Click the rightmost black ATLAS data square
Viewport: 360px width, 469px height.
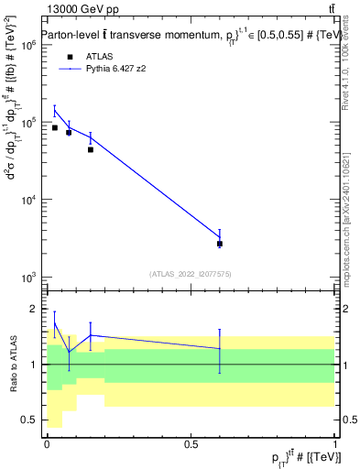pos(220,244)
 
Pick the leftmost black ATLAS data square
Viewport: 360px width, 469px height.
pos(54,127)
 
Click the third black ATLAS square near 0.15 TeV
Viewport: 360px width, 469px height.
pos(90,149)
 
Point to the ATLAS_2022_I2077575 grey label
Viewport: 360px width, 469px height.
pos(189,273)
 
